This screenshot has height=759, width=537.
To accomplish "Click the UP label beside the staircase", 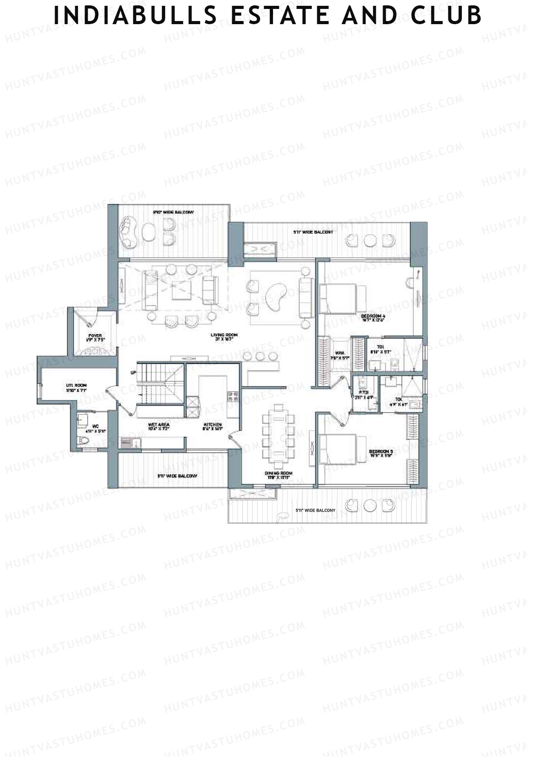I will (133, 373).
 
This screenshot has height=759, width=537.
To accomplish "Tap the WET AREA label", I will (158, 425).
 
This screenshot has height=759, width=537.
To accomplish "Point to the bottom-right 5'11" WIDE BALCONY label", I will (315, 510).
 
